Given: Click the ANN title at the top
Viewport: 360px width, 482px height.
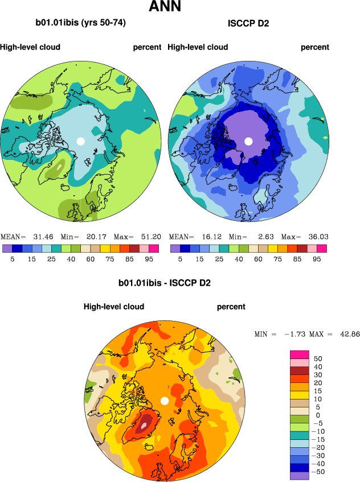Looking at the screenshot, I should (165, 7).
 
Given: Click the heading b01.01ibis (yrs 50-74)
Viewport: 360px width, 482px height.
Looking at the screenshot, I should (80, 23).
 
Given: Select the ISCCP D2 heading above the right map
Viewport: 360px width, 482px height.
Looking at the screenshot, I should (248, 23).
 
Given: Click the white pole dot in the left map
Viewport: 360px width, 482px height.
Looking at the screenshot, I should (81, 141).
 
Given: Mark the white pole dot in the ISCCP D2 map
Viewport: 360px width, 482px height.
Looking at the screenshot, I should (248, 141).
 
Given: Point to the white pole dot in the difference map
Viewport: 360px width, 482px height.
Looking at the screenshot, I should (165, 401).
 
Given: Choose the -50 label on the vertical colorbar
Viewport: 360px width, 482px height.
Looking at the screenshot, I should (318, 472).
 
